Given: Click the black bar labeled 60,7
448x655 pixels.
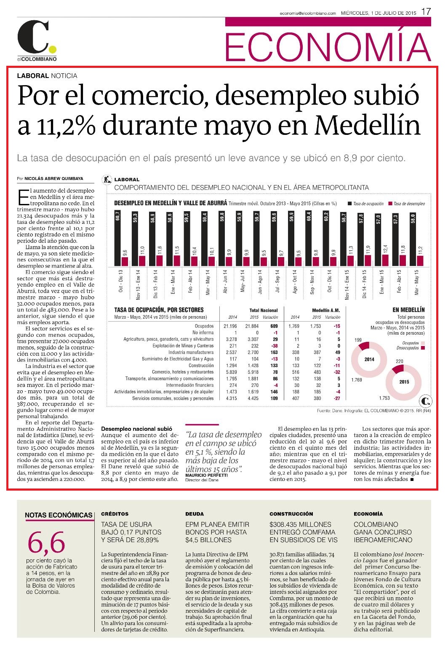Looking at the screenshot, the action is tap(117, 238).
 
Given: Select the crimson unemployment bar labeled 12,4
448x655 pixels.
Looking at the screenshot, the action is tap(386, 260).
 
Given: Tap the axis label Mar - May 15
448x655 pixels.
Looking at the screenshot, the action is tap(417, 282).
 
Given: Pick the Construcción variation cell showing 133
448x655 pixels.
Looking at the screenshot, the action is tap(274, 365).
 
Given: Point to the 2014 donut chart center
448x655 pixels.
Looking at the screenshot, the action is tap(369, 360).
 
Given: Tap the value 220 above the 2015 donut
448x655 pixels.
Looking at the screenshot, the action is tap(400, 361).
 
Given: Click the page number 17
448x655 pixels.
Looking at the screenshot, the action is tap(426, 12).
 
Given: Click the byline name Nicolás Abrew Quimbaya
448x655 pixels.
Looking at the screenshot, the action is tap(54, 179).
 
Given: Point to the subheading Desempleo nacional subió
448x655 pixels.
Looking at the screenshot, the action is tap(137, 429).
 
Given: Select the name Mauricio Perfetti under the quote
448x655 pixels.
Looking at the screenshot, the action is tap(206, 475).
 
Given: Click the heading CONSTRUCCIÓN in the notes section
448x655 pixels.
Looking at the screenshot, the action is tap(291, 514).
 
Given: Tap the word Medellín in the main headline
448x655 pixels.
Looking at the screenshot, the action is tap(368, 126).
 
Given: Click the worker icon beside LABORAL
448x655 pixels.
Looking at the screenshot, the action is tap(107, 179).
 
